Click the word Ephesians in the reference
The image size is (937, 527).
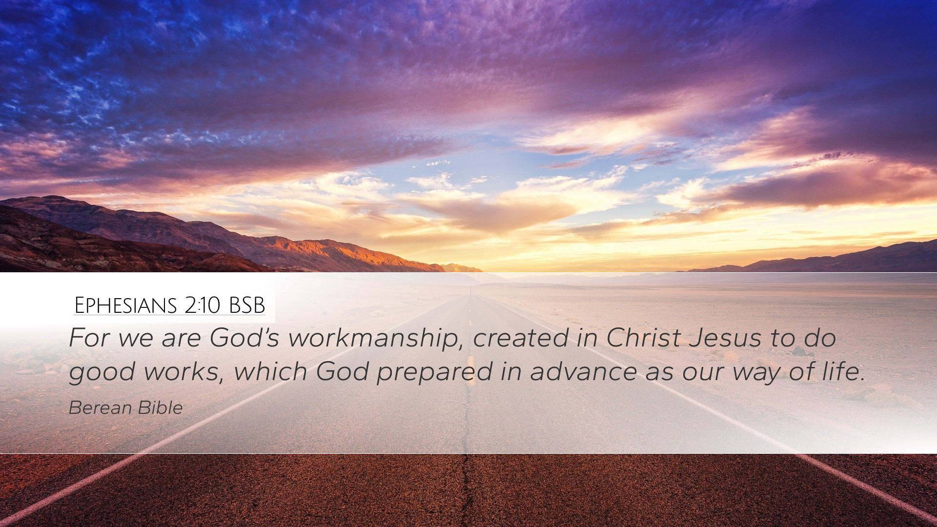(125, 305)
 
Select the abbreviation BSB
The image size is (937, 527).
(247, 305)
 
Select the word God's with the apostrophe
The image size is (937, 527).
(244, 337)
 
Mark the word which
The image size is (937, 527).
(270, 371)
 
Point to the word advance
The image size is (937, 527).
(584, 371)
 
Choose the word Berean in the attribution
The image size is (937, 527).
(101, 408)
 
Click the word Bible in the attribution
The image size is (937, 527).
(160, 408)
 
